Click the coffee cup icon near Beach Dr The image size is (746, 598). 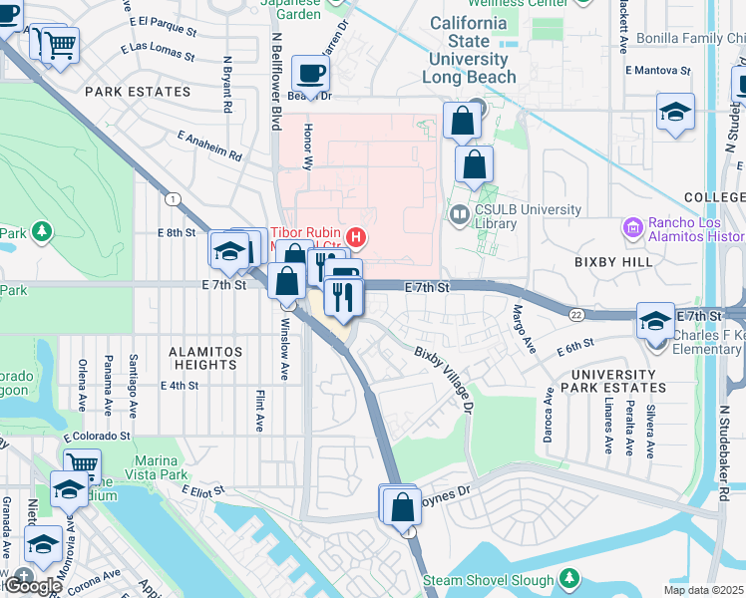pos(309,74)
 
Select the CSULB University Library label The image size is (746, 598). pos(528,216)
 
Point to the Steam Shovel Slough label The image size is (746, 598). pos(487,580)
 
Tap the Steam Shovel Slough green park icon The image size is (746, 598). pos(569,578)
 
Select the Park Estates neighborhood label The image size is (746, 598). pos(130,91)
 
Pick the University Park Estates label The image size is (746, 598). pos(613,382)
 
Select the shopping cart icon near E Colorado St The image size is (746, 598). pos(82,462)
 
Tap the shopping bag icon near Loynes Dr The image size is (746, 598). pos(402,507)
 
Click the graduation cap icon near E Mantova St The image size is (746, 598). pos(675,111)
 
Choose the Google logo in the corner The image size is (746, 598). pos(32,586)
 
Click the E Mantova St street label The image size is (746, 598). pos(657,71)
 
